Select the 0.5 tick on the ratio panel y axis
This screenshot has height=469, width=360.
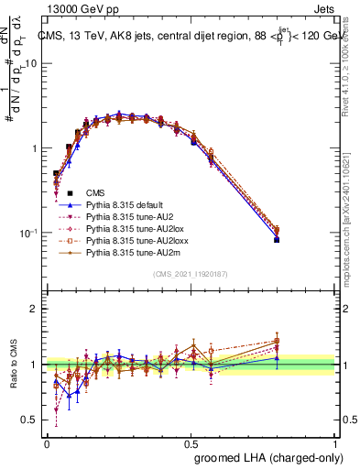click(x=31, y=420)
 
